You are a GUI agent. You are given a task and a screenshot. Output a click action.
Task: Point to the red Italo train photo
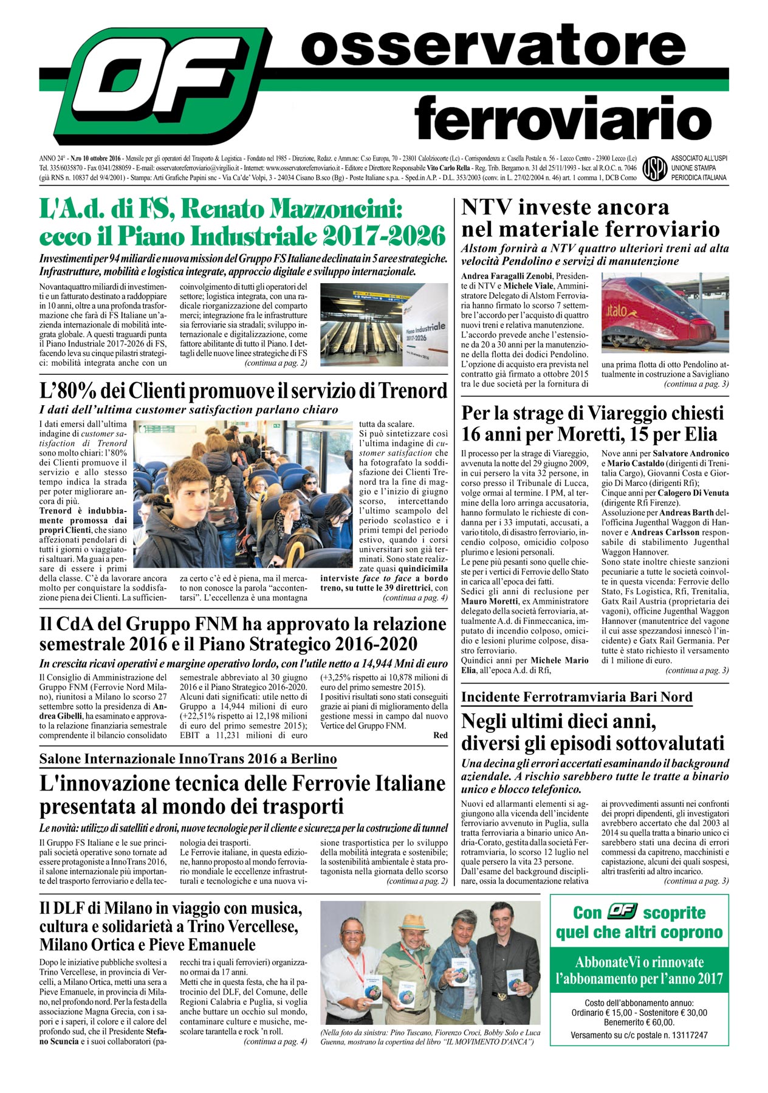(665, 312)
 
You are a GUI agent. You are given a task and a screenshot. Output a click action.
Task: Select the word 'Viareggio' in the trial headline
(653, 413)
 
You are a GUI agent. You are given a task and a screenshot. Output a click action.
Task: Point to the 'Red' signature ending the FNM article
(440, 735)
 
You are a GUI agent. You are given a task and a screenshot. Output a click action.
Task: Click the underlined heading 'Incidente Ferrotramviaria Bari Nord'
(577, 697)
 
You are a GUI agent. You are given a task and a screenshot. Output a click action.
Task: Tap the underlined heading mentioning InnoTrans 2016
(188, 759)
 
